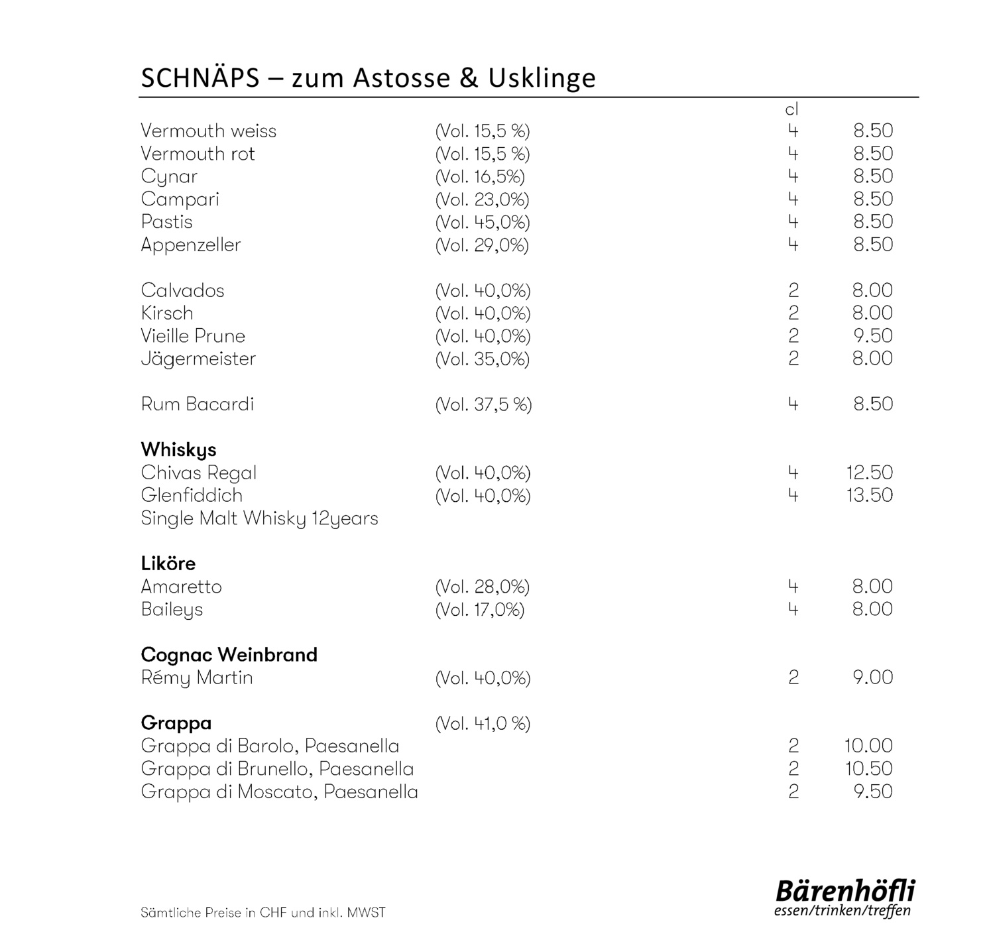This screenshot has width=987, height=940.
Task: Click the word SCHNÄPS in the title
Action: pyautogui.click(x=200, y=78)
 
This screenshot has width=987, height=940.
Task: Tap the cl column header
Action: pyautogui.click(x=791, y=110)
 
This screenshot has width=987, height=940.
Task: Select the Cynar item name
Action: pyautogui.click(x=169, y=177)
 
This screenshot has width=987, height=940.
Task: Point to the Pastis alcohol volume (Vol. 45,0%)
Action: pyautogui.click(x=483, y=222)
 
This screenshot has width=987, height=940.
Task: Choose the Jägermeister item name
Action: pyautogui.click(x=198, y=359)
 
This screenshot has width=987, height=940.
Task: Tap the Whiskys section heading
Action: pyautogui.click(x=178, y=449)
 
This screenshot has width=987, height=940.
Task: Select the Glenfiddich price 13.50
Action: pyautogui.click(x=869, y=495)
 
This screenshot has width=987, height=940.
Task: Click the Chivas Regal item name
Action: pyautogui.click(x=198, y=473)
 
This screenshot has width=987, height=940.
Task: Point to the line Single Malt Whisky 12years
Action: pyautogui.click(x=259, y=518)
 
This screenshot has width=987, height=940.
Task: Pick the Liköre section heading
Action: pyautogui.click(x=168, y=563)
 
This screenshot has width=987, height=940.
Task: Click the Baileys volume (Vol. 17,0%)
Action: pyautogui.click(x=479, y=609)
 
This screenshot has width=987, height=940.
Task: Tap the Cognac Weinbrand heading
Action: pyautogui.click(x=229, y=655)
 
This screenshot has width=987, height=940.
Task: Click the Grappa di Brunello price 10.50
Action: pyautogui.click(x=868, y=769)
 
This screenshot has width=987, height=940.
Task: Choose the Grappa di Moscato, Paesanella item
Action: pyautogui.click(x=279, y=792)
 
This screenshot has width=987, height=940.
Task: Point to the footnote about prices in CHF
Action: pyautogui.click(x=262, y=913)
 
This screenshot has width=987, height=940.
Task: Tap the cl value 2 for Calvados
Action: pyautogui.click(x=793, y=290)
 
